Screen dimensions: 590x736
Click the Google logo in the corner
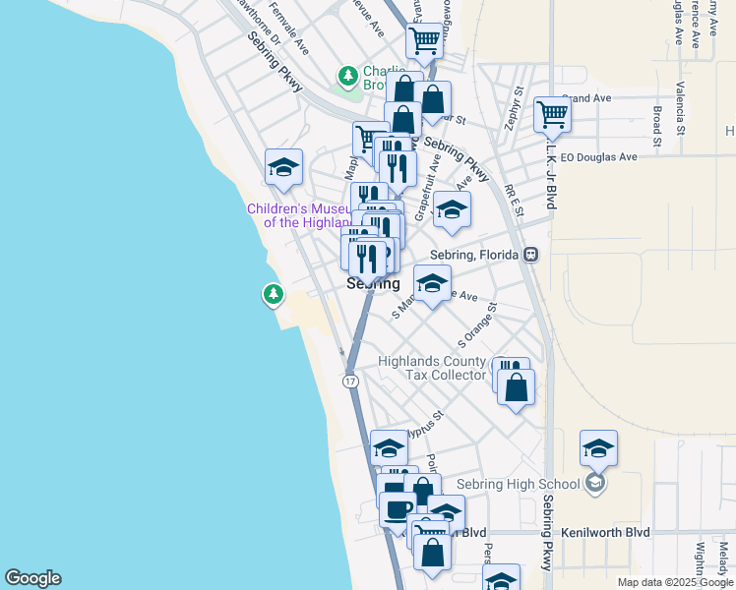[x=32, y=578]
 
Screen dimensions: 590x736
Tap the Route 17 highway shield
[x=350, y=381]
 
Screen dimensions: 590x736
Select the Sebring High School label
[x=519, y=484]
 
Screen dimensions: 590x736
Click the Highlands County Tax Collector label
[x=433, y=368]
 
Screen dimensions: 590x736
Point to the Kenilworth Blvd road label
[x=605, y=532]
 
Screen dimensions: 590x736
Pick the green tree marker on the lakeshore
[x=273, y=293]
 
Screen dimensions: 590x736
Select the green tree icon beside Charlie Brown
[x=347, y=76]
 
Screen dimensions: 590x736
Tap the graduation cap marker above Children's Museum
[x=283, y=167]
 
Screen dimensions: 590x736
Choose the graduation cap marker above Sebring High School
[x=598, y=448]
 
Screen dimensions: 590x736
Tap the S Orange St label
[x=478, y=324]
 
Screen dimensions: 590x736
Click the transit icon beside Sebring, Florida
[x=530, y=254]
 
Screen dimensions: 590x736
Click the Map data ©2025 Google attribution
[x=674, y=582]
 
